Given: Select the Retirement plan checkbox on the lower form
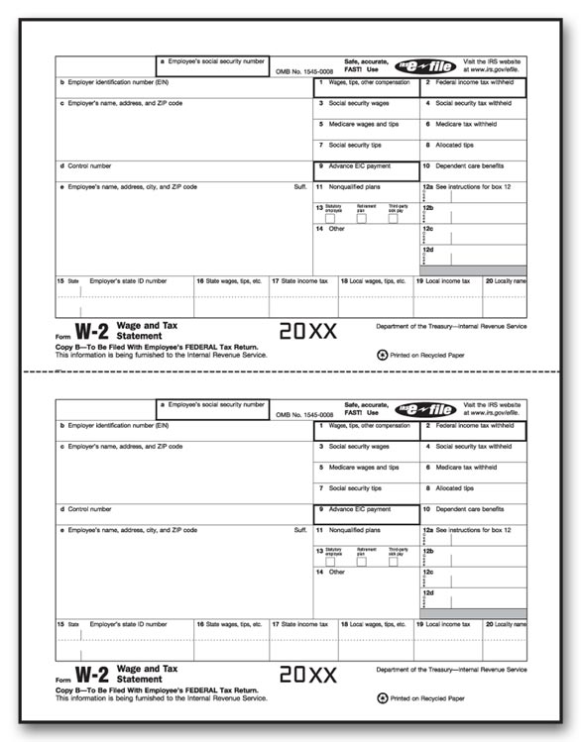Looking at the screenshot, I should click(362, 562).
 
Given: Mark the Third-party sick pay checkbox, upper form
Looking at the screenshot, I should click(394, 218).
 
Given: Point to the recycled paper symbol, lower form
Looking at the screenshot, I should click(383, 697).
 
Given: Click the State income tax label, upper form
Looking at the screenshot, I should click(300, 281).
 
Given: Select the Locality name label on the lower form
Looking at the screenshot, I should click(506, 625).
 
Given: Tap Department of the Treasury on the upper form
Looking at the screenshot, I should click(451, 326).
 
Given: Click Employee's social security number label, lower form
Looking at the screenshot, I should click(216, 405).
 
